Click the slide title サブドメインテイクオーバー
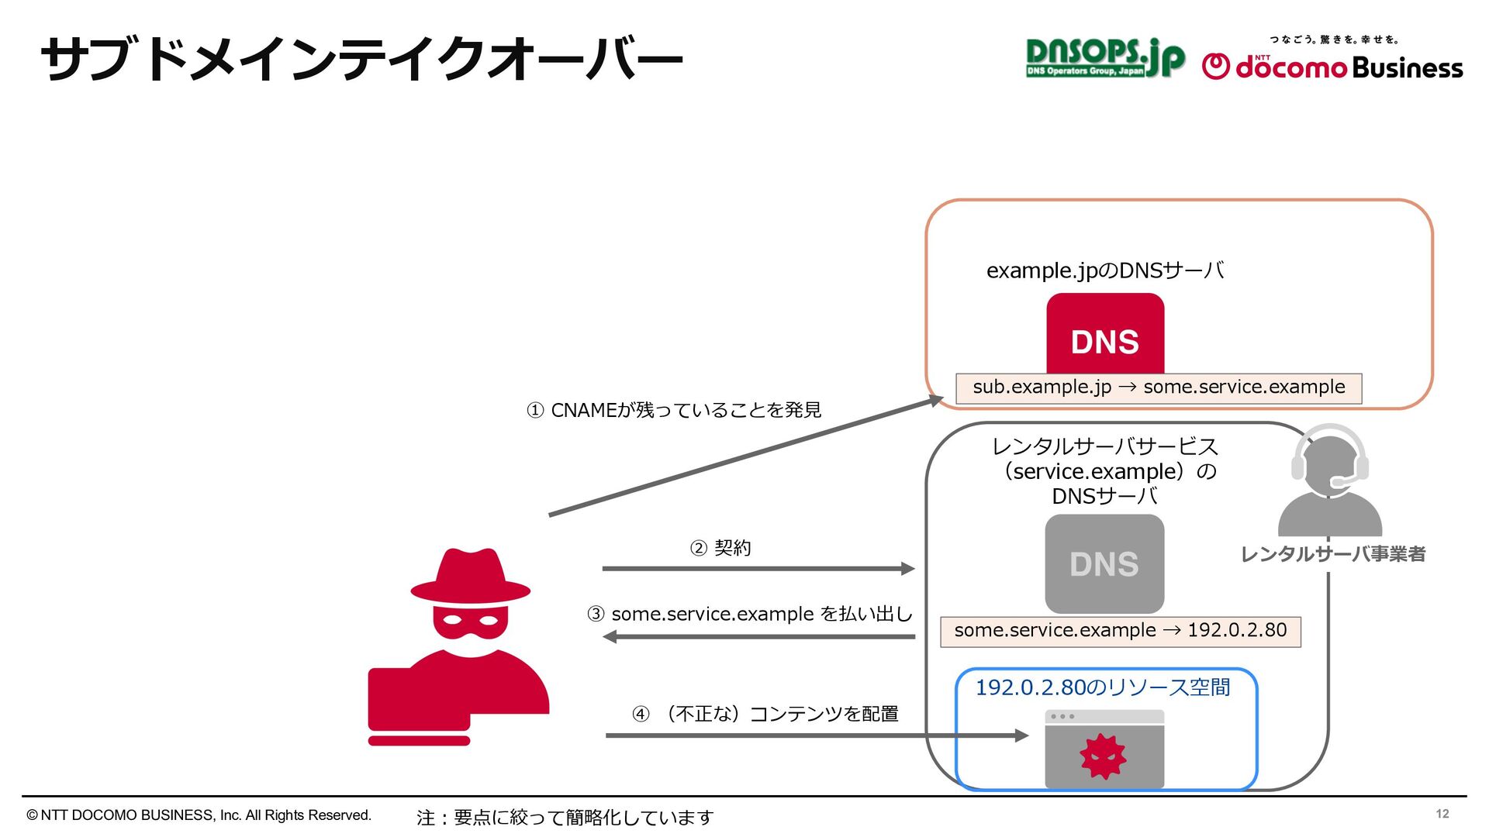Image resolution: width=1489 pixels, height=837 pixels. coord(361,60)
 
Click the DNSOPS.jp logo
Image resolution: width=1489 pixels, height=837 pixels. coord(1104,58)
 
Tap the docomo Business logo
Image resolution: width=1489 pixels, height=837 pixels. coord(1332,65)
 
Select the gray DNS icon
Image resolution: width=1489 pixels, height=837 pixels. coord(1104,563)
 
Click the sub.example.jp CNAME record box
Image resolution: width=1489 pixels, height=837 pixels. coord(1159,387)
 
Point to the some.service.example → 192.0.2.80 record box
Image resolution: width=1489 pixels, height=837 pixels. coord(1120,631)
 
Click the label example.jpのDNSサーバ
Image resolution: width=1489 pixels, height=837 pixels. coord(1104,270)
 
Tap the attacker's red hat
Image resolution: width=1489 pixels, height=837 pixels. coord(470,577)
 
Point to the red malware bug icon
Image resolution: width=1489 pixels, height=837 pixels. coord(1103,756)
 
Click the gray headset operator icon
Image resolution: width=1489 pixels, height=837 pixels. coord(1329,480)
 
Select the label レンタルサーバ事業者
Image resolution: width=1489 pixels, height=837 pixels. coord(1332,554)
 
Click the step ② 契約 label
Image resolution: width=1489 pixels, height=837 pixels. coord(720,549)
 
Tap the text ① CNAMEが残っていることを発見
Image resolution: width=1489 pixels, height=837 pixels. coord(673,410)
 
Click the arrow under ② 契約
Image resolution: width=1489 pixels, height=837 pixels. coord(758,569)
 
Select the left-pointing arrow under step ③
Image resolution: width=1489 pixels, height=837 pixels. coord(758,637)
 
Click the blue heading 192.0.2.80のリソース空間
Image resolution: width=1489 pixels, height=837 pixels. coord(1102,687)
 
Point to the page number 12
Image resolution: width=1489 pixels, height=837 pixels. coord(1442,814)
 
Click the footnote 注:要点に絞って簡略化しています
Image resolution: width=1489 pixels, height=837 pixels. coord(565,818)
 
